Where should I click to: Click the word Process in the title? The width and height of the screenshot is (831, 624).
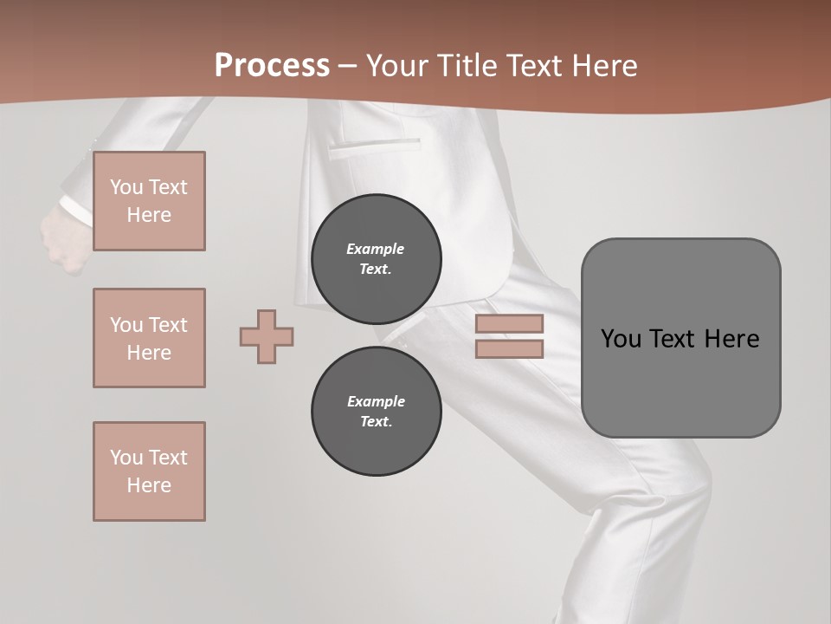coord(272,66)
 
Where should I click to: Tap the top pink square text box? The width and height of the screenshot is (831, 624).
coord(149,201)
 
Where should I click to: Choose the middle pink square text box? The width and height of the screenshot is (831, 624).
coord(149,338)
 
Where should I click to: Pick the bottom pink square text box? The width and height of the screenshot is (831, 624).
coord(149,471)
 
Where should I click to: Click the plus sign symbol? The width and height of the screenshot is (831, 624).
coord(267,336)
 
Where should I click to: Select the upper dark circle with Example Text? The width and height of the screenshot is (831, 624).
coord(376,258)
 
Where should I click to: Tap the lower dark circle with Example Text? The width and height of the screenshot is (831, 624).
coord(376,411)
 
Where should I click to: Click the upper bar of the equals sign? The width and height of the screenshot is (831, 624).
coord(509,324)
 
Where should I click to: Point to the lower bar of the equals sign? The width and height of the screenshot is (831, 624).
coord(509,348)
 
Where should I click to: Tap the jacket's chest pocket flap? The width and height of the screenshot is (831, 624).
coord(374,145)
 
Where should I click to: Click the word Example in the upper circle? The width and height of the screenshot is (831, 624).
coord(376,249)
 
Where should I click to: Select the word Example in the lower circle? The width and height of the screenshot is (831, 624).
coord(376,401)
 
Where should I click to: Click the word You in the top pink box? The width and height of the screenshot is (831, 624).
coord(126,187)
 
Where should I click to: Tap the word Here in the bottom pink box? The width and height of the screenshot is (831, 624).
coord(149,485)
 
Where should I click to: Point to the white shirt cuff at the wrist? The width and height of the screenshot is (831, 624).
coord(76,211)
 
